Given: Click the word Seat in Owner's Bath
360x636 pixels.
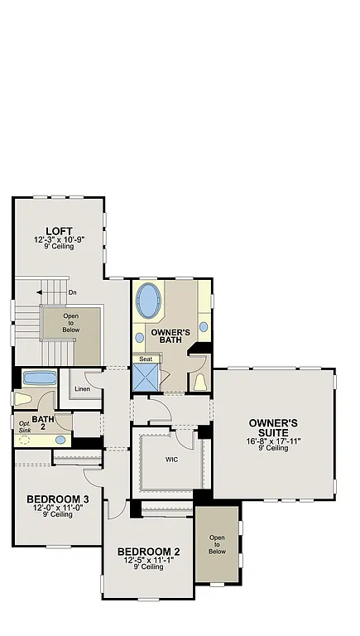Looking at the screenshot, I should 146,359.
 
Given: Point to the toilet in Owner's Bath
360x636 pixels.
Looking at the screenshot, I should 199,382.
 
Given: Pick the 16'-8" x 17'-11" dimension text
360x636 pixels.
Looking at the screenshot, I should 273,441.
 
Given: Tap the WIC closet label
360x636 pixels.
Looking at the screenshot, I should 172,458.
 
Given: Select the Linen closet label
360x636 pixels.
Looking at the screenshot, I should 82,388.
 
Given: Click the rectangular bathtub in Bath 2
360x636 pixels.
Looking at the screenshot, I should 38,378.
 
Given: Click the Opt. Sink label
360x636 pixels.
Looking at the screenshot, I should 26,427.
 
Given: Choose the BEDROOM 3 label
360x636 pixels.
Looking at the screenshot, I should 58,499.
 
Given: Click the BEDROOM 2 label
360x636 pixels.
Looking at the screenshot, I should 149,552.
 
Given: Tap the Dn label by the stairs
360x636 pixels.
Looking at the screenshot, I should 73,292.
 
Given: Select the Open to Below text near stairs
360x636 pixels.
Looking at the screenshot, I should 71,322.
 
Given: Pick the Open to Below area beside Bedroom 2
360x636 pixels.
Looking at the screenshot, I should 217,544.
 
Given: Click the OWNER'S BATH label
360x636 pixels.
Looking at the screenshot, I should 171,336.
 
